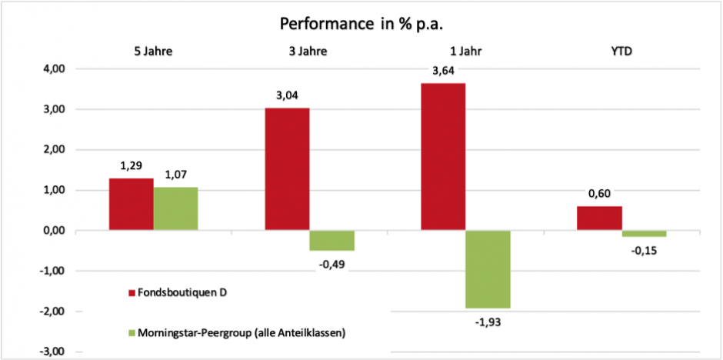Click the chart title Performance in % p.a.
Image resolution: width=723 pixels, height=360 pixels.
(x=361, y=23)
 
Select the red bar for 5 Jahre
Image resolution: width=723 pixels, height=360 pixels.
(x=131, y=205)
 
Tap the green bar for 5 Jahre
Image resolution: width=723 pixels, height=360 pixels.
(x=175, y=208)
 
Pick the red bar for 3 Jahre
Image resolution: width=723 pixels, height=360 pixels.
(x=287, y=169)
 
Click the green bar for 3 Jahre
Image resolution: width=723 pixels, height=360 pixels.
(x=332, y=240)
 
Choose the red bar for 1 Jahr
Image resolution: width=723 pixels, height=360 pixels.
(x=443, y=157)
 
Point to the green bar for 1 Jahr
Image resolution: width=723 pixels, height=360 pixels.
(x=488, y=269)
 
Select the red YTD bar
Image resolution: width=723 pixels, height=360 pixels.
(x=599, y=218)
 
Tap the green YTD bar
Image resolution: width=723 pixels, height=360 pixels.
(x=644, y=234)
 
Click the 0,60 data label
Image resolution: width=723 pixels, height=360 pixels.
(x=598, y=195)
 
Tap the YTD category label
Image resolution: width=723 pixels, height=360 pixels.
(x=621, y=52)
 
